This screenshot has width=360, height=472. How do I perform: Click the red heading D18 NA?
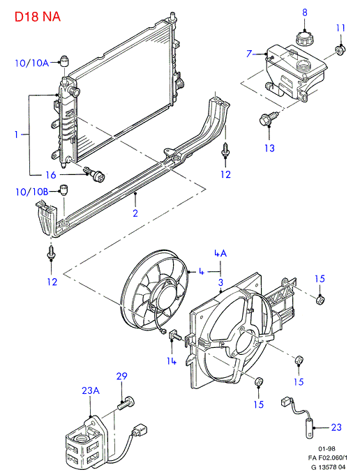[38, 16]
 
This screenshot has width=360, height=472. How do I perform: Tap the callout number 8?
[305, 13]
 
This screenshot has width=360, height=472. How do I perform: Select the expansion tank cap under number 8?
[304, 38]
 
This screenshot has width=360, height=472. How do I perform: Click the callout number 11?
[340, 28]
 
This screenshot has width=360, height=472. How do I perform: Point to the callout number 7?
[249, 54]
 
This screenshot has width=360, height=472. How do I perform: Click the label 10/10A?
[31, 63]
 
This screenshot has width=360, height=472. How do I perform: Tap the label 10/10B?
[32, 192]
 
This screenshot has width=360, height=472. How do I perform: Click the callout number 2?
[135, 213]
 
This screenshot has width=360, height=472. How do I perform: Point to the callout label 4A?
[220, 253]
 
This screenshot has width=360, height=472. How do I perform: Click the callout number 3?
[221, 282]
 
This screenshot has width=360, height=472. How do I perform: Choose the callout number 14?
[172, 360]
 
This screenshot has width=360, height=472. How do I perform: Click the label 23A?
[91, 390]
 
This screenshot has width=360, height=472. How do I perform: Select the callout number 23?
[336, 427]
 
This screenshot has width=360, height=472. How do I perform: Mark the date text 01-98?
[327, 449]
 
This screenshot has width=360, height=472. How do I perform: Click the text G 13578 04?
[328, 467]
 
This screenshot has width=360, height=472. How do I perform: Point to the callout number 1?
[17, 135]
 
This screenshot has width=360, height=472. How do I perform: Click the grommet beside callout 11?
[340, 50]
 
